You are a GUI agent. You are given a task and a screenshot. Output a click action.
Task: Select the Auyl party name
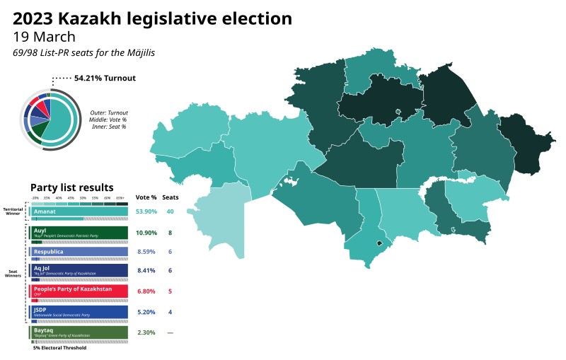pyautogui.click(x=40, y=230)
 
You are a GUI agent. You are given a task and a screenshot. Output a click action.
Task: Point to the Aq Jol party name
pyautogui.click(x=42, y=269)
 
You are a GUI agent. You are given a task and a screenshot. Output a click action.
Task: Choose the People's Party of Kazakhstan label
pyautogui.click(x=73, y=289)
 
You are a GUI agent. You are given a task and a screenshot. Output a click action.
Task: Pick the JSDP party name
pyautogui.click(x=41, y=309)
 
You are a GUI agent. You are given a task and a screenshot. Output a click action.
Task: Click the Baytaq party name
pyautogui.click(x=44, y=330)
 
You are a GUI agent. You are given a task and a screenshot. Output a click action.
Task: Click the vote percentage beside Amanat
pyautogui.click(x=146, y=211)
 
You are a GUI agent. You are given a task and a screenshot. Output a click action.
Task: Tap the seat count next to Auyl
pyautogui.click(x=170, y=232)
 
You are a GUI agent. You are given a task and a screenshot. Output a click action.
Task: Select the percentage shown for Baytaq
pyautogui.click(x=146, y=332)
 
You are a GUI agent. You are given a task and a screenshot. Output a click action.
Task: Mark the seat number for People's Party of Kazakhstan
pyautogui.click(x=170, y=291)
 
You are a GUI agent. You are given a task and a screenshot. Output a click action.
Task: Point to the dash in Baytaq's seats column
pyautogui.click(x=170, y=332)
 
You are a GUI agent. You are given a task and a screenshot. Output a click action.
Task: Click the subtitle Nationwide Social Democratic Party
pyautogui.click(x=62, y=315)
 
